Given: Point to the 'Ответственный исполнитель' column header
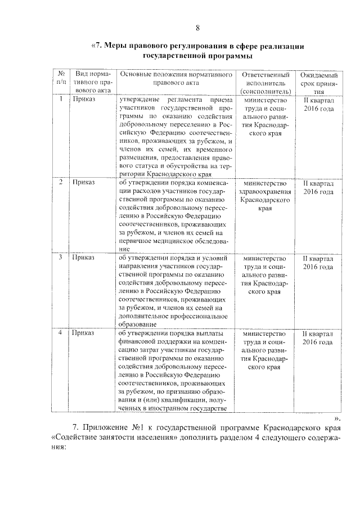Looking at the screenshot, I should click(265, 83).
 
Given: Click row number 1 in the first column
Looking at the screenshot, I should click(60, 100).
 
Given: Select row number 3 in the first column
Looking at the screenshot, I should click(60, 258).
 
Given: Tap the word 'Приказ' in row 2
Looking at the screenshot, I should click(84, 183).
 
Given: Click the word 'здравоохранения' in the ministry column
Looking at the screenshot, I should click(265, 192).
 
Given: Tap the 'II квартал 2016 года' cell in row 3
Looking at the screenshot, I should click(319, 262).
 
